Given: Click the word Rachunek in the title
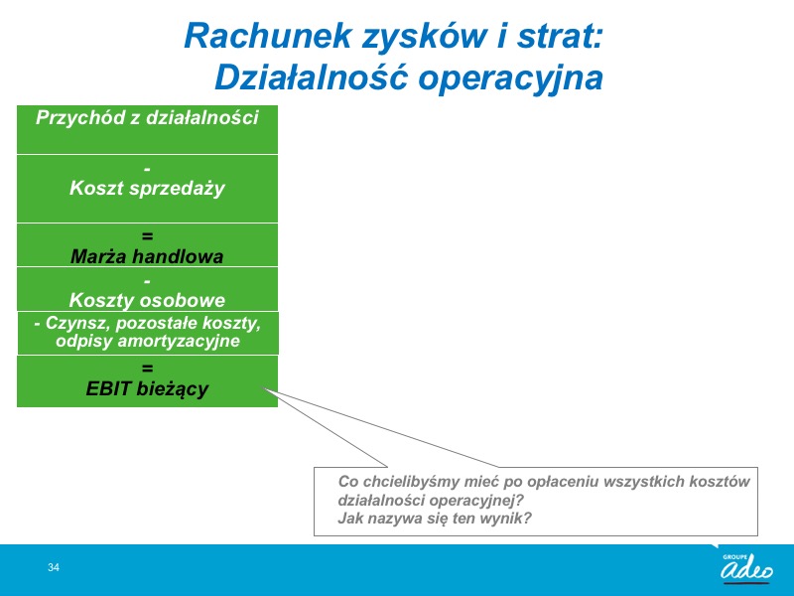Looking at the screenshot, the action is coord(268,36).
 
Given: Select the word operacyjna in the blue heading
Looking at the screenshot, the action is coord(511,78).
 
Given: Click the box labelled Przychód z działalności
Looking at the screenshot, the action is coord(147,130).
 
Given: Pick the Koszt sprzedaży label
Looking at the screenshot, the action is coord(147,188).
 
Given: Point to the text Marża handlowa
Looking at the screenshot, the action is coord(147,256).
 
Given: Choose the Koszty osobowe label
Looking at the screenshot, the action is coord(147,300).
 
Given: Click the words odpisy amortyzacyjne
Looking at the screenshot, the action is coord(147,341).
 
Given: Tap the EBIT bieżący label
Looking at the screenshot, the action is coord(147,388).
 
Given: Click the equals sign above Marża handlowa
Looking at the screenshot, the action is coord(147,236).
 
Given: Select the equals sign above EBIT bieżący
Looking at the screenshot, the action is coord(147,368).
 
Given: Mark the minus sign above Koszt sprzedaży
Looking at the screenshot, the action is coord(147,169).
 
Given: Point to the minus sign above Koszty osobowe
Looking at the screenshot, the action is coord(147,281).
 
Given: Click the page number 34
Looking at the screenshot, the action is coord(54,567).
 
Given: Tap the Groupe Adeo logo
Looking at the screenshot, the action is coord(747,567).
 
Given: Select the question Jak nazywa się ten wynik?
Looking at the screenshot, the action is coord(435,519).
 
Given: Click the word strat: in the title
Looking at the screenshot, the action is coord(560,37).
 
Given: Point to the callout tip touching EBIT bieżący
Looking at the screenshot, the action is coord(263,388).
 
